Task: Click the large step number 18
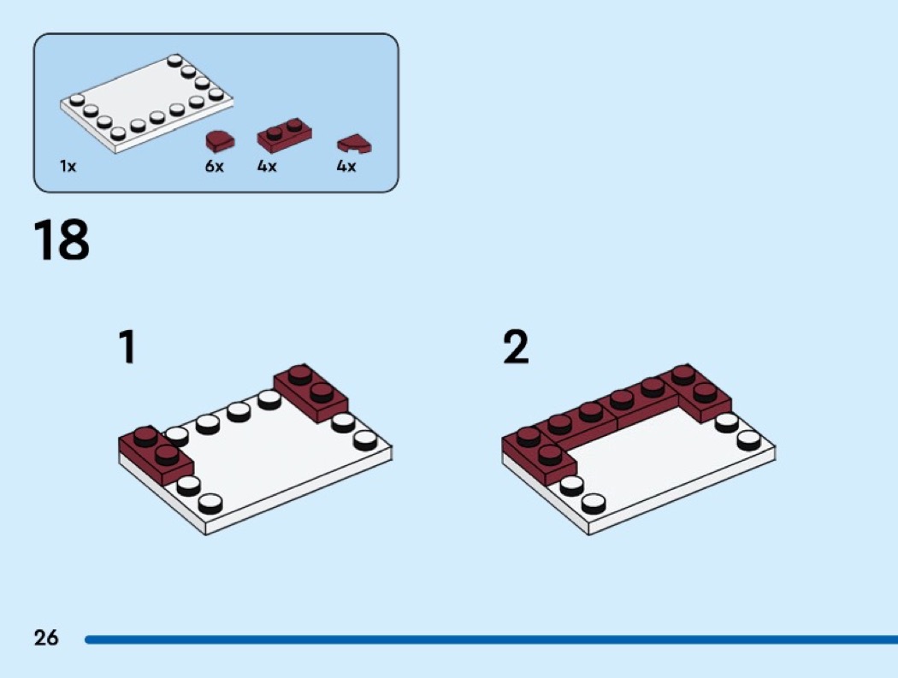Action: click(x=62, y=240)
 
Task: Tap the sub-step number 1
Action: click(x=127, y=346)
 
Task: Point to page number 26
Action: click(x=46, y=637)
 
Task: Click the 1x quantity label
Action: click(x=68, y=166)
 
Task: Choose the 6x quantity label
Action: click(x=214, y=166)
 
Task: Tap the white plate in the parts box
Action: click(x=146, y=103)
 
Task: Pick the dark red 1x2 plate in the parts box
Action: click(x=285, y=135)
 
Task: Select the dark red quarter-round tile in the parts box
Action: click(x=355, y=144)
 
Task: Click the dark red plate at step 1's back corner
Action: click(x=311, y=393)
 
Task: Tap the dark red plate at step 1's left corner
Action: click(x=156, y=456)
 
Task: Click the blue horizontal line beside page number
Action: click(x=492, y=639)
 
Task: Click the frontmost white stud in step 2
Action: click(x=594, y=503)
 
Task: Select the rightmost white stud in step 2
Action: click(x=748, y=439)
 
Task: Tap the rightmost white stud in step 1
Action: click(x=365, y=439)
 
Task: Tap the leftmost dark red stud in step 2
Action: click(x=528, y=436)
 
